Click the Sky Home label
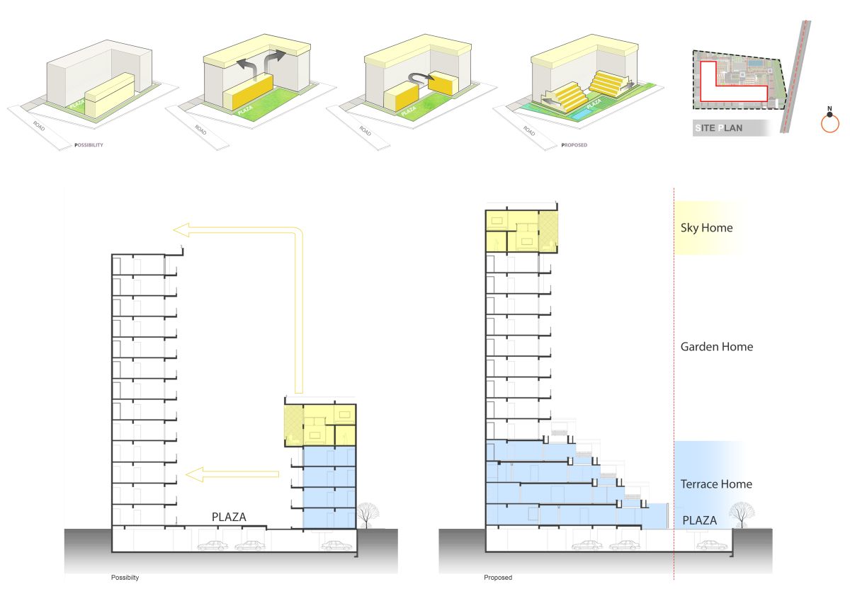pos(706,228)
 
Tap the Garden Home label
pos(716,347)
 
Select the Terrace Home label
pos(716,484)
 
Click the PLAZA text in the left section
pos(229,517)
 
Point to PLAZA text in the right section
pos(700,521)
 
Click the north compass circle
pos(829,123)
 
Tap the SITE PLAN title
pos(719,128)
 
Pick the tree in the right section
pos(741,513)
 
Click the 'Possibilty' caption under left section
pos(125,578)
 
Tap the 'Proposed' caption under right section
pos(497,578)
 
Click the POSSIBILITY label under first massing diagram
pos(89,145)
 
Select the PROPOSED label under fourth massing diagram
pos(573,145)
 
